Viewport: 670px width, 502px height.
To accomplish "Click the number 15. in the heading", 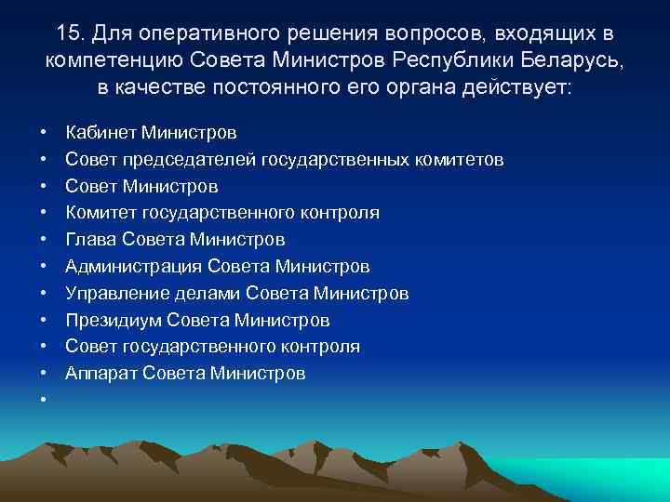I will click(x=71, y=33).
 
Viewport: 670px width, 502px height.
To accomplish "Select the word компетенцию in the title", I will click(x=113, y=61).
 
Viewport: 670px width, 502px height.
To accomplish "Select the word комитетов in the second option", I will click(x=460, y=160).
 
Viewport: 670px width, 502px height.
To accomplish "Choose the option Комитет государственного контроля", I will click(x=221, y=213).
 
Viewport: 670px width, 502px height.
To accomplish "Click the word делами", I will click(x=202, y=294).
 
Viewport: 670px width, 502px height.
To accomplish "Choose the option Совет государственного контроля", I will click(x=212, y=347).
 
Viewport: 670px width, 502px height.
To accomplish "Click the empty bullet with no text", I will click(x=44, y=401).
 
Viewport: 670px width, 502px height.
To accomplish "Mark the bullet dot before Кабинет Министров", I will click(x=44, y=133).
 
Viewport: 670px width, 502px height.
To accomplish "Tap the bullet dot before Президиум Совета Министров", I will click(x=44, y=321).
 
